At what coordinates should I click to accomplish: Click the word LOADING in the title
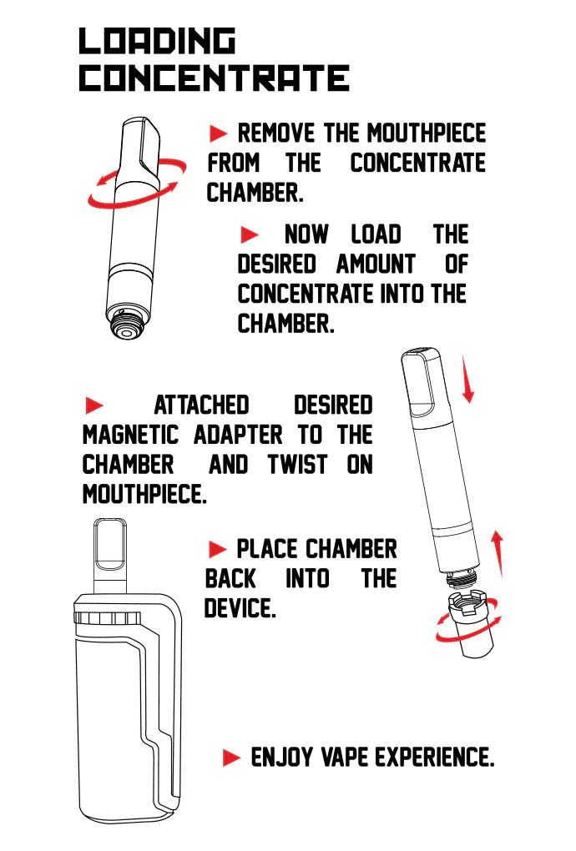tap(157, 41)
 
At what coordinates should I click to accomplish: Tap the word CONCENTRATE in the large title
tap(215, 78)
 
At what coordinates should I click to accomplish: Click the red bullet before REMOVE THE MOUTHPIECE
tap(218, 133)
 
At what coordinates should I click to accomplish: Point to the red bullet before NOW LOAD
tap(250, 235)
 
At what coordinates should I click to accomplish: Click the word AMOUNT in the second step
tap(376, 264)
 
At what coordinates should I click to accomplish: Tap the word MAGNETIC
tap(130, 435)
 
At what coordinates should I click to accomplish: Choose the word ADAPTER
tap(238, 435)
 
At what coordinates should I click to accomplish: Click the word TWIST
tap(298, 465)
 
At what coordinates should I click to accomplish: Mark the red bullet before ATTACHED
tap(94, 405)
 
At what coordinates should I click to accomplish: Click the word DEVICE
tap(240, 608)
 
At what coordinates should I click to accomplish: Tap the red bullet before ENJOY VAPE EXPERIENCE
tap(232, 757)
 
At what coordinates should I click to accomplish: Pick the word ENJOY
tap(282, 757)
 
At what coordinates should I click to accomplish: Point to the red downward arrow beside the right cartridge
tap(467, 380)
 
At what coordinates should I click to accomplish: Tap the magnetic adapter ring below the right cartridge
tap(471, 624)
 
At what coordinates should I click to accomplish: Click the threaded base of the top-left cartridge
tap(126, 324)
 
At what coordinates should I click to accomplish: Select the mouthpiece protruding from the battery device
tap(110, 556)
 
